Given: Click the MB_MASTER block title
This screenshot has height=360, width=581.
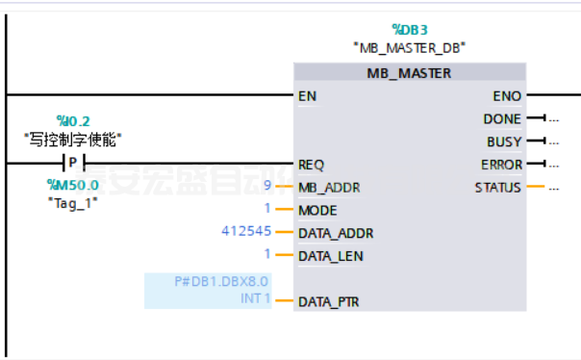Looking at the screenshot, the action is click(409, 73).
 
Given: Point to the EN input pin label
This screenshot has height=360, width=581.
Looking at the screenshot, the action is click(308, 96).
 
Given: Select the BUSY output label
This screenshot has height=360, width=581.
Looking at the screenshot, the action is click(504, 141).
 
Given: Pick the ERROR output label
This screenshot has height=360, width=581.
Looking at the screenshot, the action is click(501, 165).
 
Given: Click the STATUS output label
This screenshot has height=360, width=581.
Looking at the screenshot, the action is click(498, 187).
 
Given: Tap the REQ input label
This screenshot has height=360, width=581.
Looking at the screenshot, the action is click(311, 165).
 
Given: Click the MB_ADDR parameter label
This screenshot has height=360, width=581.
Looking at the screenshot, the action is click(329, 187).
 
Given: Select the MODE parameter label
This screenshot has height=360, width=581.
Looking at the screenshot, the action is click(317, 210).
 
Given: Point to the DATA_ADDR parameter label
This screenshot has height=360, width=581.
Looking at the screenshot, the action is click(336, 233).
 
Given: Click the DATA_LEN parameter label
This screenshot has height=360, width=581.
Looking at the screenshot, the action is click(331, 256).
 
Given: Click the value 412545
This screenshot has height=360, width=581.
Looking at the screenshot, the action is click(246, 232).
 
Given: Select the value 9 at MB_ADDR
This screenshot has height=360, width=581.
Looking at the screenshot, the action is click(266, 186).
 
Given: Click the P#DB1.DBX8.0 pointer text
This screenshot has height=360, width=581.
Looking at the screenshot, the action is click(222, 281).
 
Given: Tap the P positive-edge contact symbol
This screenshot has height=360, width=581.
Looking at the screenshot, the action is click(73, 162).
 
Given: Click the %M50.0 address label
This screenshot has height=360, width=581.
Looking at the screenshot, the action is click(72, 184).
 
